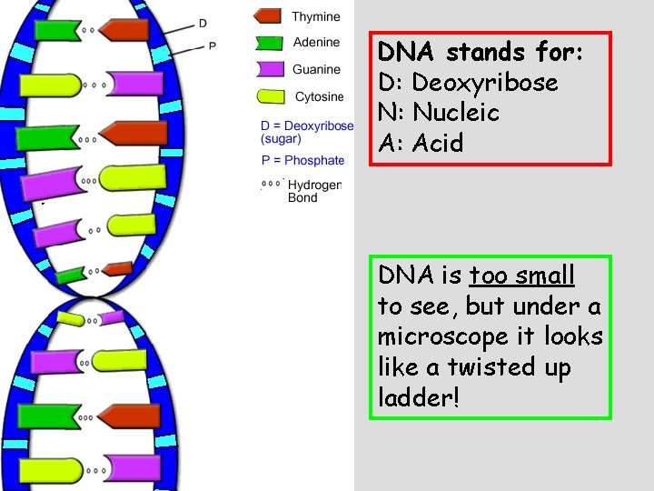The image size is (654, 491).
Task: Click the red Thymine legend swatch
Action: click(268, 16)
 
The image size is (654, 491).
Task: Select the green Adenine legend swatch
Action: click(269, 43)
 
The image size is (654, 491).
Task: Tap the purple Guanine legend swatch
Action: click(270, 69)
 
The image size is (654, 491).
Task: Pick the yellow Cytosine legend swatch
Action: click(272, 96)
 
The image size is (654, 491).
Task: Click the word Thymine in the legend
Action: click(316, 16)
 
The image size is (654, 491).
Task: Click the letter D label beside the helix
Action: click(203, 23)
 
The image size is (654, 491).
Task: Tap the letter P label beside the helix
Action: click(213, 45)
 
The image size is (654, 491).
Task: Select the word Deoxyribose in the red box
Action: click(484, 83)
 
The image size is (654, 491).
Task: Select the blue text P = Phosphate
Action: click(302, 160)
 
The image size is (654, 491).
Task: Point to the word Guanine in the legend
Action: click(316, 69)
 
